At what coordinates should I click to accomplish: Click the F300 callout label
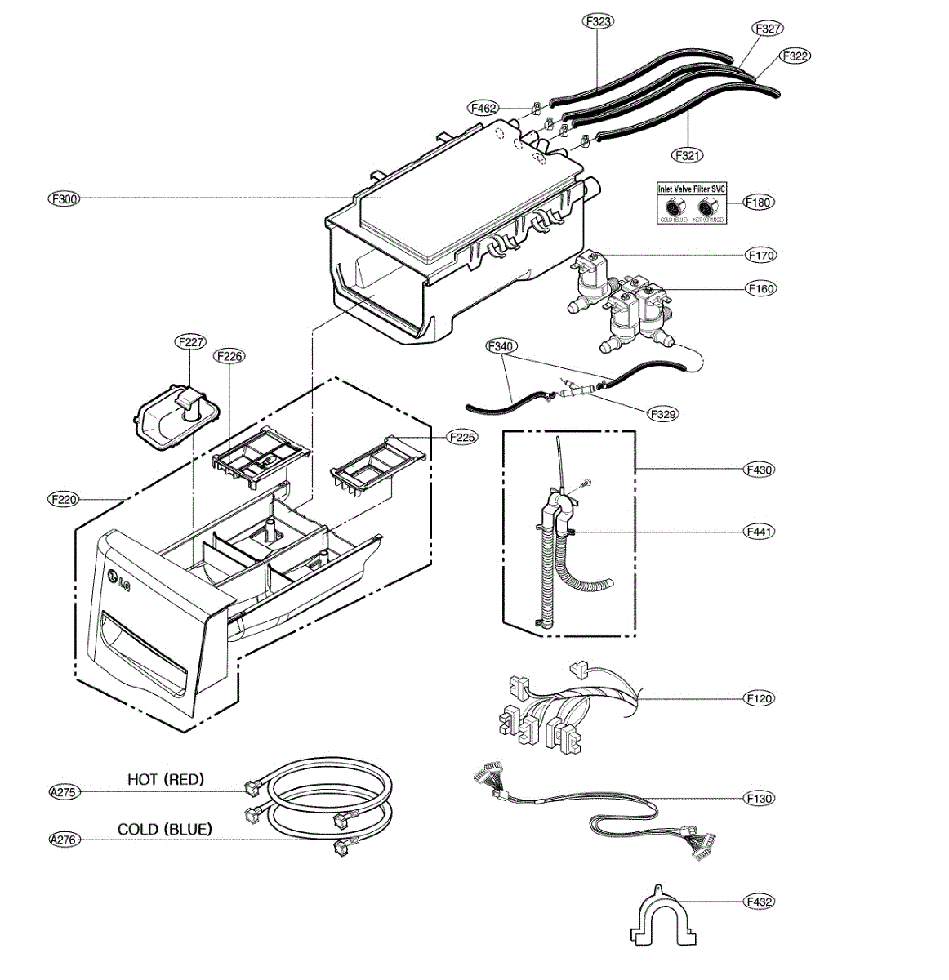pos(64,198)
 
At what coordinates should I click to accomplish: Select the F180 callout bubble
pos(759,202)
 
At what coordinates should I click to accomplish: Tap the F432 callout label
pos(759,902)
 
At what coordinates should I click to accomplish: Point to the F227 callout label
pos(190,342)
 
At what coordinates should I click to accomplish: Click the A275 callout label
pos(64,791)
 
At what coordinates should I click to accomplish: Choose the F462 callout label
pos(483,108)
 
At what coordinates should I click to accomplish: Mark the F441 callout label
pos(760,532)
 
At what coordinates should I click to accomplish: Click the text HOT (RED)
pos(166,779)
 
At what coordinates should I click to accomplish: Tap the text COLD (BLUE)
pos(165,829)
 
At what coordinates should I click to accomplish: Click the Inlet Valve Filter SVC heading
pos(692,189)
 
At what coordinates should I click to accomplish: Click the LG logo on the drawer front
pos(117,581)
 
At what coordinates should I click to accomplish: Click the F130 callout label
pos(759,799)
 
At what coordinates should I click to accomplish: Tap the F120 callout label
pos(759,698)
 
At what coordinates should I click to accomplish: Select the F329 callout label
pos(663,414)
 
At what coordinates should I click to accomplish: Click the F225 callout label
pos(462,438)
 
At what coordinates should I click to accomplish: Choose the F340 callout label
pos(501,346)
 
